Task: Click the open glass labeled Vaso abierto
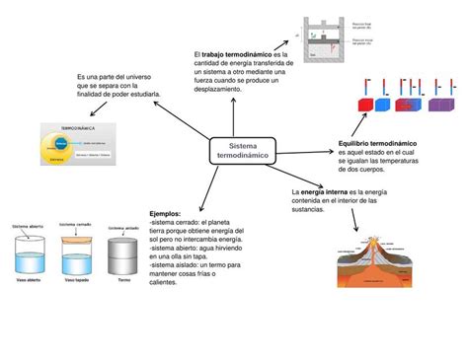click(x=27, y=254)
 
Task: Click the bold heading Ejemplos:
click(x=166, y=213)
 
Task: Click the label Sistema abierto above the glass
click(x=28, y=226)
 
